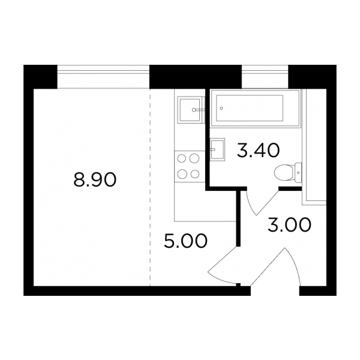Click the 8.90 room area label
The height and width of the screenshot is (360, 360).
[95, 179]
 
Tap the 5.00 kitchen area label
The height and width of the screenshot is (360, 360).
[185, 241]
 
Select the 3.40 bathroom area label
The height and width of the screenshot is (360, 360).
[258, 150]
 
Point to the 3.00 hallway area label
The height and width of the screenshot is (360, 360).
[290, 224]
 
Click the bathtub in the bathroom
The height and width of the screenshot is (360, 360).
[256, 108]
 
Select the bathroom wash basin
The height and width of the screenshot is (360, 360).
[217, 149]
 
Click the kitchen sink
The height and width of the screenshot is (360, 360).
[190, 110]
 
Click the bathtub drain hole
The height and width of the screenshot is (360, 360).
[221, 108]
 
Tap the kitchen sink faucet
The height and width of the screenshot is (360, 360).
[198, 110]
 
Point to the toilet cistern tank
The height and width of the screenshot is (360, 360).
[298, 172]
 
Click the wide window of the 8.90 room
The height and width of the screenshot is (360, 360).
[103, 76]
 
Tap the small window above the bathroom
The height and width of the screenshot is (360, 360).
[265, 76]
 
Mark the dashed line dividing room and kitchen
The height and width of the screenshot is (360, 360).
[150, 187]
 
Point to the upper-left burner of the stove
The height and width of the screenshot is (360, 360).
[182, 158]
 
